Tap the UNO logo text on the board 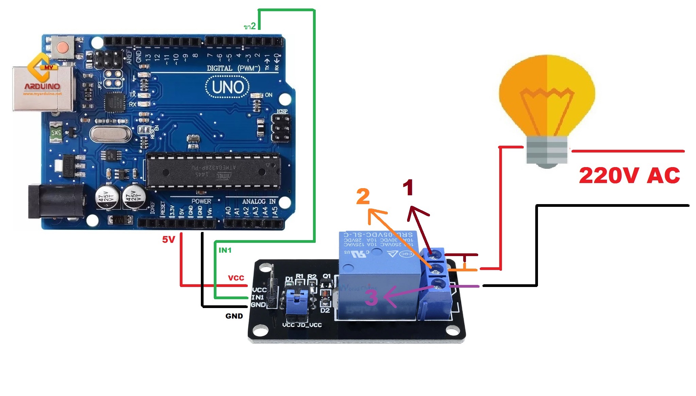(x=228, y=87)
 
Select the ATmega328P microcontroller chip (x=213, y=170)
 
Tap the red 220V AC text (x=629, y=176)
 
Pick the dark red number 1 (x=408, y=187)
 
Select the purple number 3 (x=371, y=297)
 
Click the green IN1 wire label (x=225, y=250)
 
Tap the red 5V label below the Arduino (x=168, y=240)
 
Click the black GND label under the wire (x=234, y=316)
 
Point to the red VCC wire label (x=236, y=278)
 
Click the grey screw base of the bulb (x=546, y=150)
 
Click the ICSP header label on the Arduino (x=282, y=111)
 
